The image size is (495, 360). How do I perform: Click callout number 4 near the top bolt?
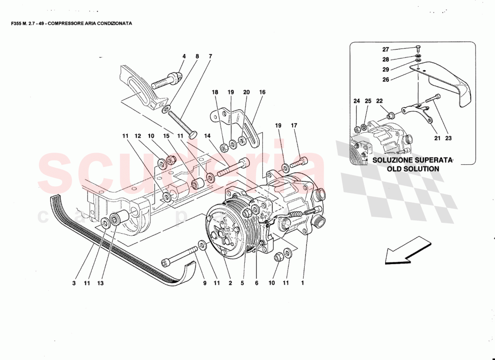coord(184,56)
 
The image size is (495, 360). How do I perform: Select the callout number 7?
coord(210,56)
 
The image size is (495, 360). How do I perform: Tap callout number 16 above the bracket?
coord(262,92)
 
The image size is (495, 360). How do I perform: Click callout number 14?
coord(207,135)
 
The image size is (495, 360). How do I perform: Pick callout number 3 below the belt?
coord(74,283)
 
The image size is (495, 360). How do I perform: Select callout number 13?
coord(100,283)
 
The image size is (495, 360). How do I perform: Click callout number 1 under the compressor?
coord(303,283)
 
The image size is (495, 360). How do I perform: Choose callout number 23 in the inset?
coord(448,139)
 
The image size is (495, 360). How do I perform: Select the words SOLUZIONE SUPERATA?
coord(411,160)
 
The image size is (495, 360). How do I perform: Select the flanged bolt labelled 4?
coord(164,81)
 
